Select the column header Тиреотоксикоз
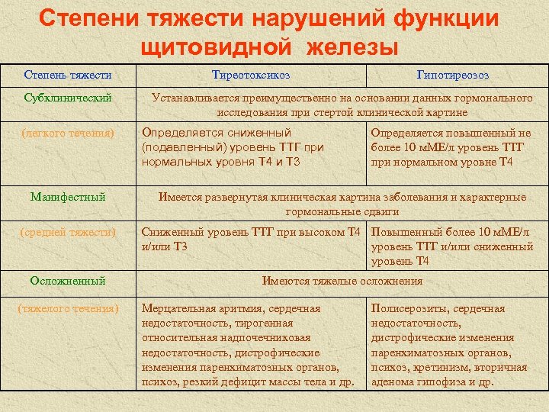(x=251, y=75)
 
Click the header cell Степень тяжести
(x=68, y=75)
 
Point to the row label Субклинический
(x=68, y=98)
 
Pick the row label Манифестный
(x=68, y=197)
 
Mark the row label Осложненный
(x=68, y=281)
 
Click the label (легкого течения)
(x=68, y=133)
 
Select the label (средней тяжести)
(x=68, y=232)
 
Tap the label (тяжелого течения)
(x=68, y=308)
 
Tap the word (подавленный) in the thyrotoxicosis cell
(x=180, y=147)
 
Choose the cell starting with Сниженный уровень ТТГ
(x=249, y=239)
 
